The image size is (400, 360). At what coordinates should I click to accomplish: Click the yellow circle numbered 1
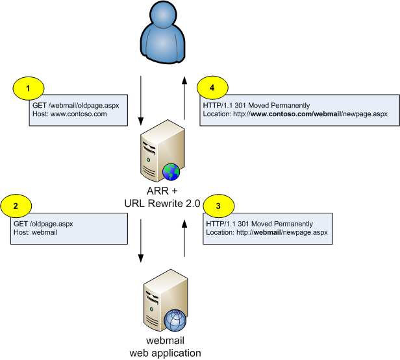point(28,88)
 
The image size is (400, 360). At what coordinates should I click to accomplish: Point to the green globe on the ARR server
point(171,172)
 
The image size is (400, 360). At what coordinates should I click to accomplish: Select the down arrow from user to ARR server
point(142,100)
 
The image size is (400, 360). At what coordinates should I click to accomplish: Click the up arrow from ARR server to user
point(184,98)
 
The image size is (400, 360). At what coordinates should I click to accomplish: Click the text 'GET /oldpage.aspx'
point(44,224)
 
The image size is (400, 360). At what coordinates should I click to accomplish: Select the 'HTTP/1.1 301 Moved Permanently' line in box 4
point(256,104)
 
